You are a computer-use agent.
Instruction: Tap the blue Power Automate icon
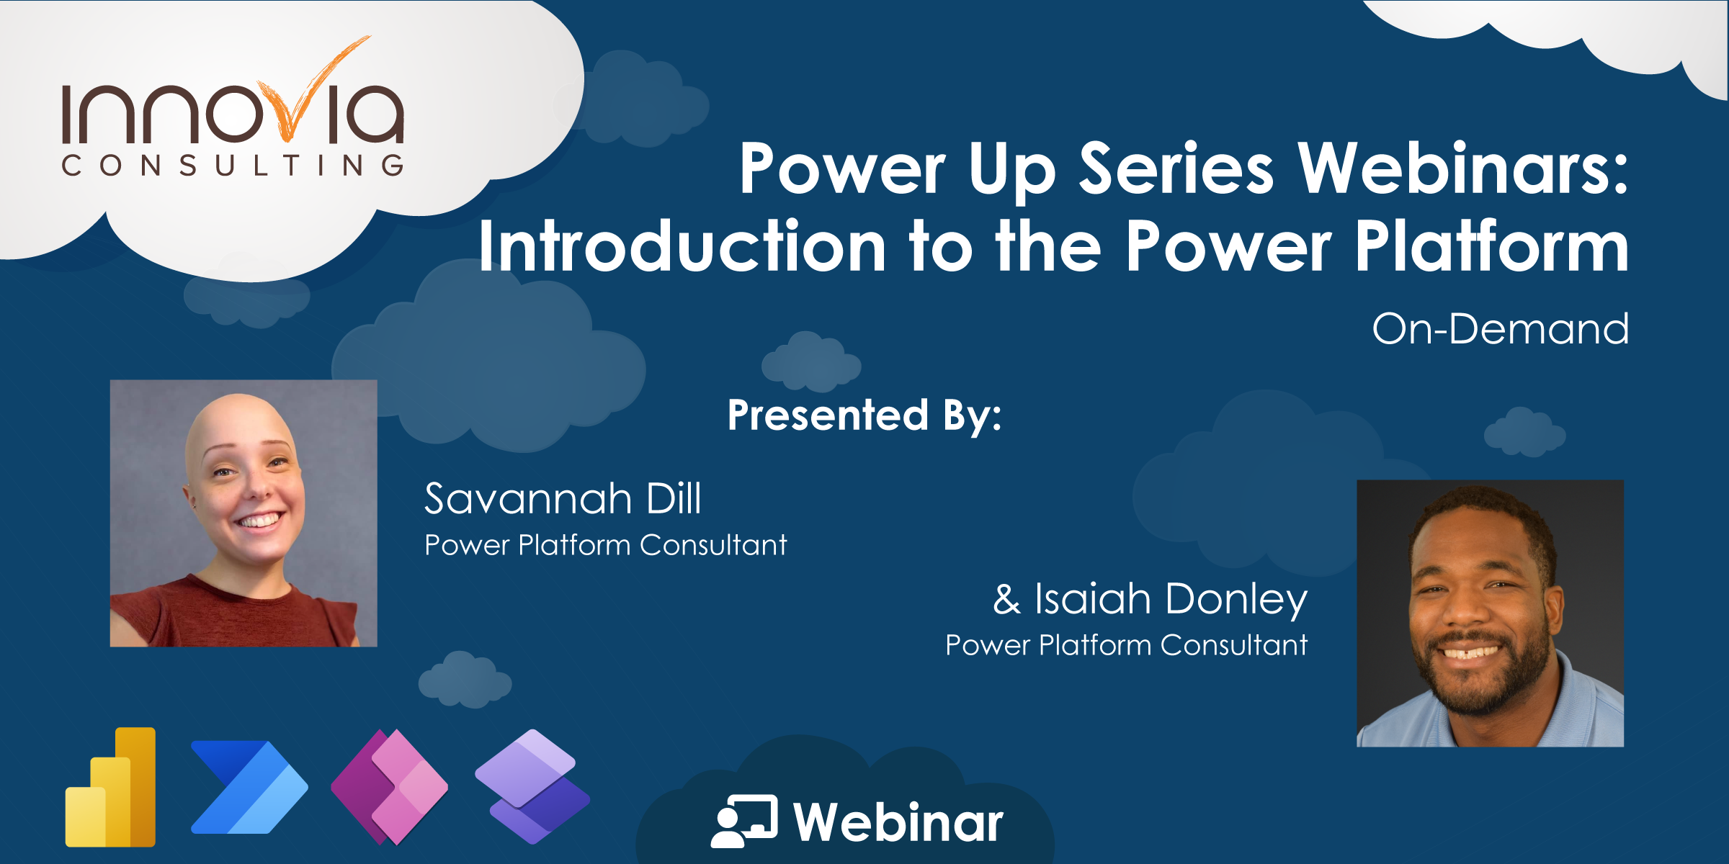point(249,788)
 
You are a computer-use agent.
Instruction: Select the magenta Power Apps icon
point(390,786)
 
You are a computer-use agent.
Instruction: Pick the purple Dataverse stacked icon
point(532,786)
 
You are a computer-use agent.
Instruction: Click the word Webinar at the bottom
point(898,822)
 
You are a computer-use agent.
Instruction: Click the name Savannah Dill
point(563,498)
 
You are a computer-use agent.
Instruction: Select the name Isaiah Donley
point(1171,599)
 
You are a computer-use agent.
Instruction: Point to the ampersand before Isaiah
point(1006,600)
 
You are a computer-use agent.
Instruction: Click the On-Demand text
point(1500,329)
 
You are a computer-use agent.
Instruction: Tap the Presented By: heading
point(864,415)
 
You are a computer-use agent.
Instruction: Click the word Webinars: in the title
point(1462,168)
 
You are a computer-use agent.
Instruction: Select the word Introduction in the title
point(682,246)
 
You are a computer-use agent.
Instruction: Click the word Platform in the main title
point(1491,246)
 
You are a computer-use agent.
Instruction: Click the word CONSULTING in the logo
point(233,166)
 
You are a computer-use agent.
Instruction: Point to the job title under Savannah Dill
point(605,545)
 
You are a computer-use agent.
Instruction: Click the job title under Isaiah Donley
point(1126,645)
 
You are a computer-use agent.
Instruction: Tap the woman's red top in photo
point(238,619)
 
